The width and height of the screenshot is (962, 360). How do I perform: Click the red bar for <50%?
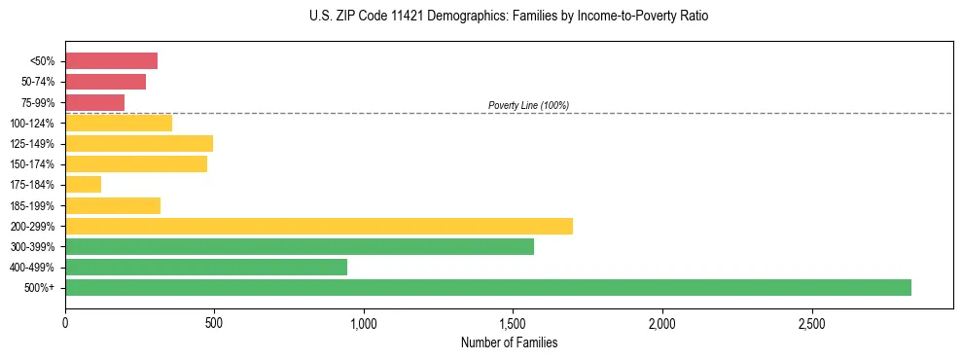[111, 61]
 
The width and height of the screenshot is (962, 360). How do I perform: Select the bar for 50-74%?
[105, 82]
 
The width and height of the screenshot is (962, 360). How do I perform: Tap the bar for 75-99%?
[94, 102]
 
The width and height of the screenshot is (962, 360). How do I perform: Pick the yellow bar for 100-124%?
[119, 123]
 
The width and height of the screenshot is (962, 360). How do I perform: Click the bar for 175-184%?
[83, 185]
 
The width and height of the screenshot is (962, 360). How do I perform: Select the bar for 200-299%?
[319, 226]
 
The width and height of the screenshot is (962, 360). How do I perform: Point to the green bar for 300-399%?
[300, 246]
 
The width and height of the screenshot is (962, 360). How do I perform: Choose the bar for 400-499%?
[206, 267]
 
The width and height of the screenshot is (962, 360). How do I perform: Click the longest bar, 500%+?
[488, 287]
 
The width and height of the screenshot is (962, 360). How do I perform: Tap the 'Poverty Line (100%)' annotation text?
[528, 105]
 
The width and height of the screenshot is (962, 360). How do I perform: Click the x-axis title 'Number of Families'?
[509, 342]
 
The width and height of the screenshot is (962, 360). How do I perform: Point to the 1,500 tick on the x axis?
[513, 322]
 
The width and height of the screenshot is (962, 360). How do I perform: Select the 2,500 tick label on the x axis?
[811, 322]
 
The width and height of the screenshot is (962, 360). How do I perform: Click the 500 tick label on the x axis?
[214, 322]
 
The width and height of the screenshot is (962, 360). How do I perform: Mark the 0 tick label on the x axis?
[65, 322]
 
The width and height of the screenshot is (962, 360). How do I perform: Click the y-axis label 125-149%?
[32, 144]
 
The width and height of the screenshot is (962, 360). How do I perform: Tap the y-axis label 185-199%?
[32, 205]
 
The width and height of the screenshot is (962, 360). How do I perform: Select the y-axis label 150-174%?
[32, 164]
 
